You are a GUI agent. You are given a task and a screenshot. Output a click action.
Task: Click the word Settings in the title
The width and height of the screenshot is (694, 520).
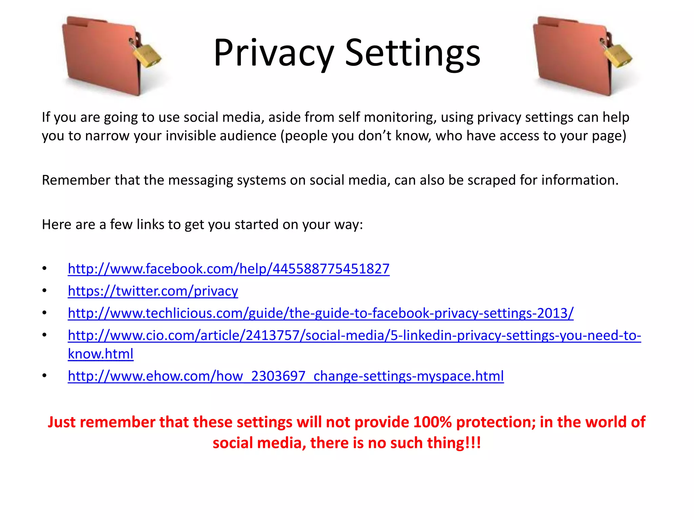click(x=413, y=53)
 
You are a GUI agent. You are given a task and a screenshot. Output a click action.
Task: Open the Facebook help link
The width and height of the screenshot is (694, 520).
click(x=228, y=269)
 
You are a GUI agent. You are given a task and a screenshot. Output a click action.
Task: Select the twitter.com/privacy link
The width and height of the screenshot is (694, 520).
click(x=153, y=291)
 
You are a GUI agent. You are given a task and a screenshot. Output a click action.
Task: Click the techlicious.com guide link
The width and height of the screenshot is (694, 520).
click(x=321, y=313)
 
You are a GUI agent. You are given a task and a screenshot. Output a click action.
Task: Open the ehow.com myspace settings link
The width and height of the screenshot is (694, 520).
click(x=286, y=376)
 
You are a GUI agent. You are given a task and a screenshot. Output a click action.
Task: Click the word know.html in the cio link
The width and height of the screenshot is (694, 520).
click(x=101, y=354)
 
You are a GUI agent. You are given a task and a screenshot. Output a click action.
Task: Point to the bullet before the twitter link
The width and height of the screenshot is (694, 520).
click(x=44, y=291)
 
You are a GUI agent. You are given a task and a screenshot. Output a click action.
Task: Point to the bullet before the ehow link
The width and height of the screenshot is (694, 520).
click(x=44, y=376)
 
